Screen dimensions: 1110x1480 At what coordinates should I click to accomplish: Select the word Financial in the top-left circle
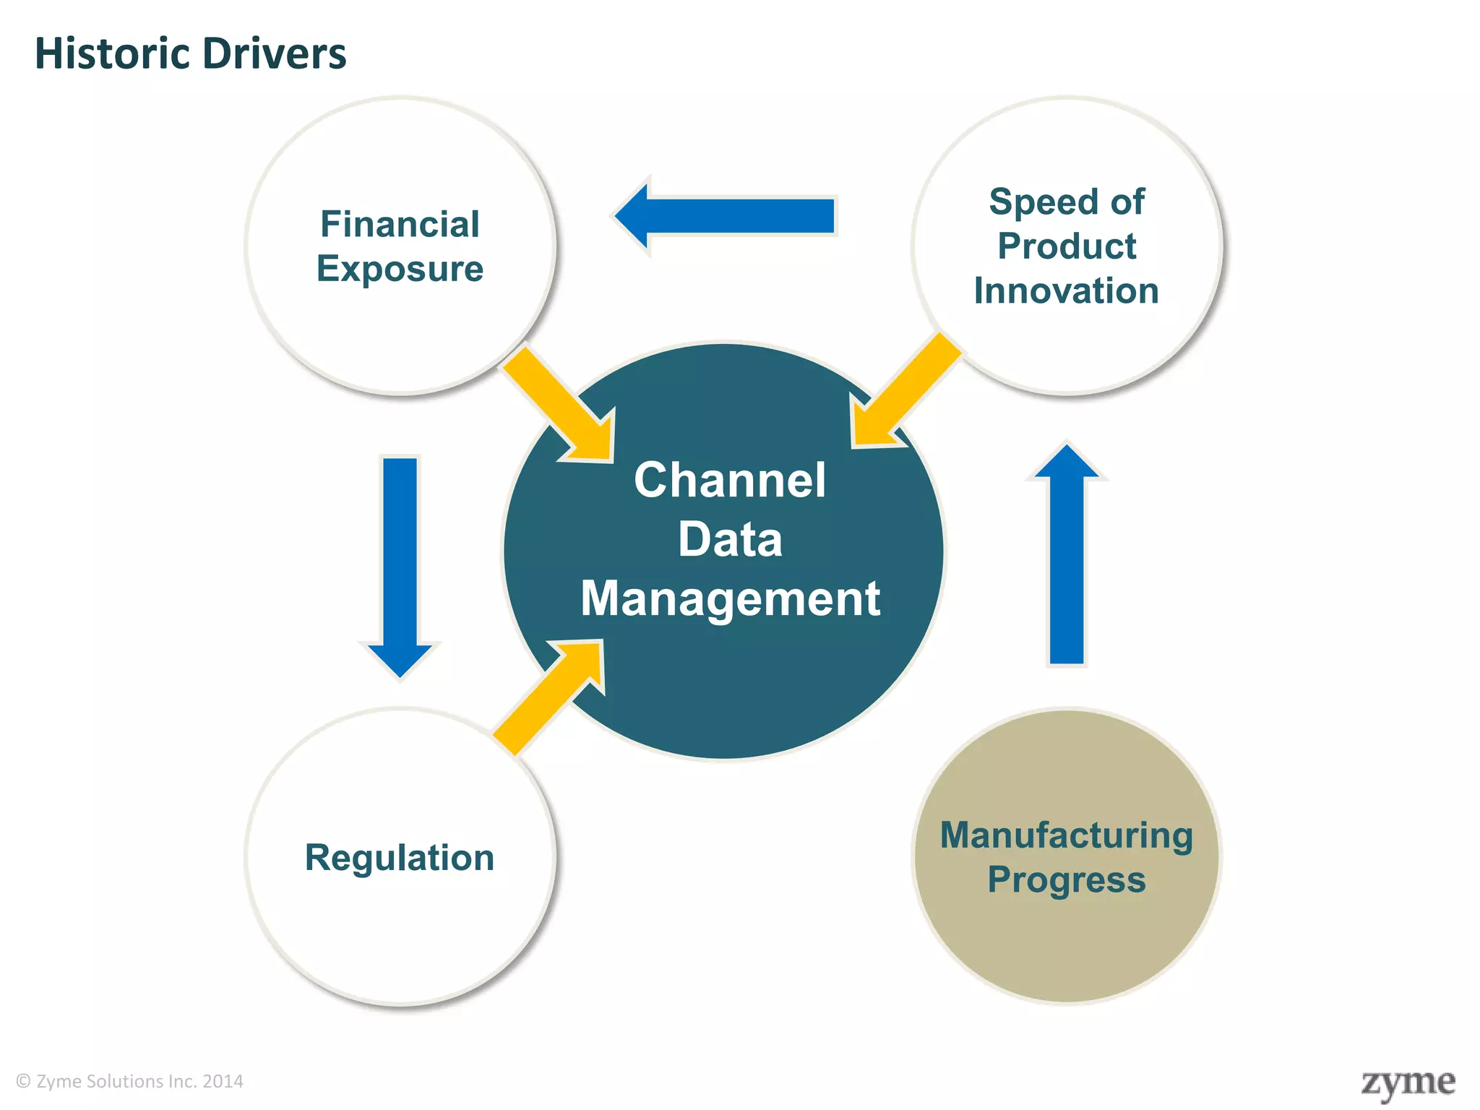click(400, 224)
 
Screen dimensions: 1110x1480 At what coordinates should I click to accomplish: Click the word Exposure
click(400, 269)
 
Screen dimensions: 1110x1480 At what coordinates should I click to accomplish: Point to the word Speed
click(1028, 202)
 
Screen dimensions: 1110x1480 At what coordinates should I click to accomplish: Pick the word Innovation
click(1066, 291)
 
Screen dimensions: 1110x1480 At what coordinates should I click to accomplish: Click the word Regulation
click(400, 858)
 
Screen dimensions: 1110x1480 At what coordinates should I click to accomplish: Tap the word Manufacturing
click(1066, 835)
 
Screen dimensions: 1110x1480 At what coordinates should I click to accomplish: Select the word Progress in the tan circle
click(1066, 880)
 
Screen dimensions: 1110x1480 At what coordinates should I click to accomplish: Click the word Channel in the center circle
click(729, 481)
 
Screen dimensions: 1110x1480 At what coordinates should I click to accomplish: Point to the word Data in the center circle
click(729, 540)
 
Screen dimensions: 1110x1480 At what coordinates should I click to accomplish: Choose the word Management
click(730, 599)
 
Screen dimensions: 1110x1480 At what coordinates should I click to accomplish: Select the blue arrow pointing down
click(400, 564)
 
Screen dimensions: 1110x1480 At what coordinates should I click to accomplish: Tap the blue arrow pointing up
click(1067, 556)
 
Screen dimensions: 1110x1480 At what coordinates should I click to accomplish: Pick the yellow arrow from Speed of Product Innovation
click(903, 394)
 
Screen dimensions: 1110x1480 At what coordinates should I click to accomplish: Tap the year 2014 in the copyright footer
click(223, 1082)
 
